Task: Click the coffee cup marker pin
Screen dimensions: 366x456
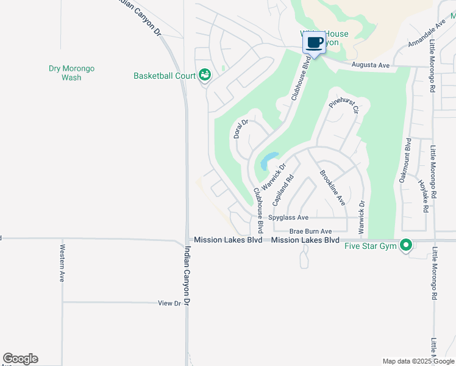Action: point(314,43)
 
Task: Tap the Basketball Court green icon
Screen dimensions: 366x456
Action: point(204,75)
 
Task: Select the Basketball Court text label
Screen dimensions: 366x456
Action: point(165,76)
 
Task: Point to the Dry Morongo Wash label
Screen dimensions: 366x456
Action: point(71,73)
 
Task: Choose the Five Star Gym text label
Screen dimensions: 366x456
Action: point(371,246)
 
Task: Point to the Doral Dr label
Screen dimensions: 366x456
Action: point(241,129)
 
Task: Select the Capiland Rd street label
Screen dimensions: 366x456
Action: point(283,189)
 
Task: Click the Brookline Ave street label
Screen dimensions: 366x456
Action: point(332,187)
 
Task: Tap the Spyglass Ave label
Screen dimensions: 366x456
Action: point(288,218)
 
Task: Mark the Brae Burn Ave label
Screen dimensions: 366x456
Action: point(310,231)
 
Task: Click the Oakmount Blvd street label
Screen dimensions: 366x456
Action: point(408,160)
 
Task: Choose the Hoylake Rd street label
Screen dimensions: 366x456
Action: point(422,196)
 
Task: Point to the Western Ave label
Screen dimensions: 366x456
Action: point(62,264)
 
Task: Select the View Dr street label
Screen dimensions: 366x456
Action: point(169,303)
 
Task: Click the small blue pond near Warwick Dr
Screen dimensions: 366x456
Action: point(269,161)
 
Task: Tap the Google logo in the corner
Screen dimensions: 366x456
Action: point(20,359)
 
